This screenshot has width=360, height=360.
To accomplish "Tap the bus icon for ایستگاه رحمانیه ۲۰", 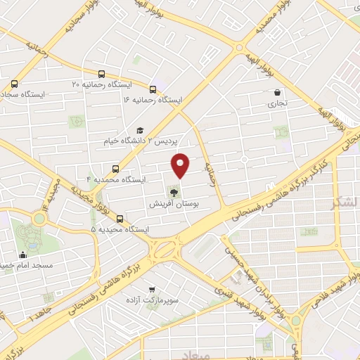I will pyautogui.click(x=103, y=74).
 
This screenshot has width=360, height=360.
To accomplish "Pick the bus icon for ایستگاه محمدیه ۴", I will pyautogui.click(x=115, y=169).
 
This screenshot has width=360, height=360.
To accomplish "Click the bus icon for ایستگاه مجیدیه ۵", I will pyautogui.click(x=120, y=219).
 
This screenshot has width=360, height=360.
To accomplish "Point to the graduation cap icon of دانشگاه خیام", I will pyautogui.click(x=139, y=131).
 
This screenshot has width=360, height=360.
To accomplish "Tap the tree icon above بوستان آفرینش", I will pyautogui.click(x=172, y=191).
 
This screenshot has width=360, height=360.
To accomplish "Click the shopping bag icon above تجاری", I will pyautogui.click(x=278, y=92).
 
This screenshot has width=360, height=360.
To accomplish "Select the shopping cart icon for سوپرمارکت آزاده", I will pyautogui.click(x=151, y=289).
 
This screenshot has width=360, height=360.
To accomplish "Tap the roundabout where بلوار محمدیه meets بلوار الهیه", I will pyautogui.click(x=240, y=48).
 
